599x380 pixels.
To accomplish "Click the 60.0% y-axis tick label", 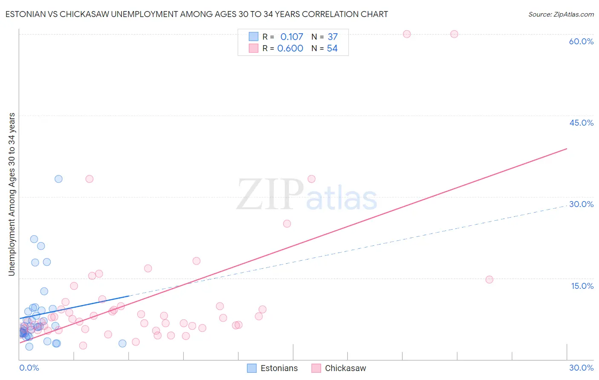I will click(x=581, y=41).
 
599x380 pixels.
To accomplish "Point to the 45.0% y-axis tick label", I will click(x=581, y=123).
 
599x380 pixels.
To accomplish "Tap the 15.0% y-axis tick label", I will click(x=582, y=286).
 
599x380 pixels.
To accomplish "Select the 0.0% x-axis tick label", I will click(x=29, y=368).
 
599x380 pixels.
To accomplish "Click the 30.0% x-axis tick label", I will click(x=581, y=368).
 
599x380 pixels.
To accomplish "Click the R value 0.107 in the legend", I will click(x=291, y=37).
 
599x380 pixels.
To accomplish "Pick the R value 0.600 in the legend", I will click(x=290, y=49).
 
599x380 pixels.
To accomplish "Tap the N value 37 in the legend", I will click(x=332, y=37).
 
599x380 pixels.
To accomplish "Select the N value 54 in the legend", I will click(x=332, y=49).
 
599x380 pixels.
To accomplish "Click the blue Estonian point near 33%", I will click(x=58, y=179).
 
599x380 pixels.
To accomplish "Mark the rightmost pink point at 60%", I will click(x=454, y=34).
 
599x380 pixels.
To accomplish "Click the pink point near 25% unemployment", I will click(x=287, y=224).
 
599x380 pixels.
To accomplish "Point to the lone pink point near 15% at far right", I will click(x=489, y=279).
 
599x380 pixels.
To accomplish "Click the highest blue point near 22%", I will click(x=34, y=239).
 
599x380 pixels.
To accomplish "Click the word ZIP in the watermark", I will click(x=270, y=195).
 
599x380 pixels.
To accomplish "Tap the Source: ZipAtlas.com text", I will click(x=561, y=14).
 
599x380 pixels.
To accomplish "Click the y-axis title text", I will click(x=12, y=194).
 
